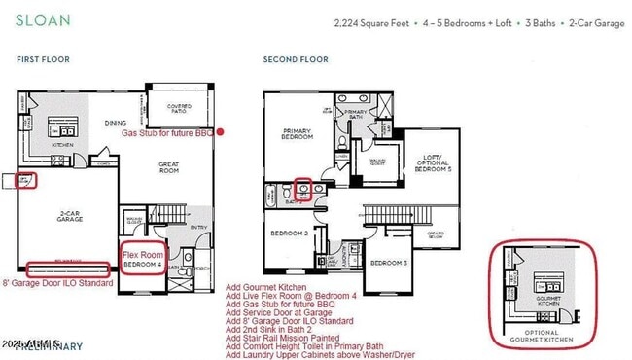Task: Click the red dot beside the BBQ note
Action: click(221, 131)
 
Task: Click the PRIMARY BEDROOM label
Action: click(296, 134)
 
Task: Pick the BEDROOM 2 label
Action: click(290, 234)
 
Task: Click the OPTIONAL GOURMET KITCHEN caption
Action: click(541, 338)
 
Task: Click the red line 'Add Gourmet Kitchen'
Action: click(266, 288)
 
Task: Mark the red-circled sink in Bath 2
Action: click(302, 188)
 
